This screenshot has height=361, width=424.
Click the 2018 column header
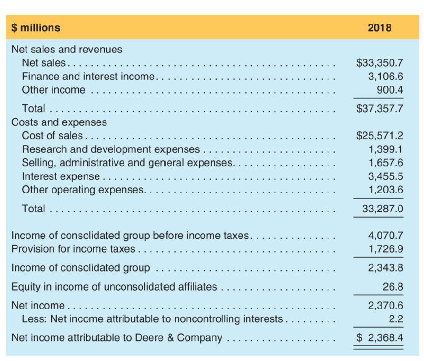tap(379, 28)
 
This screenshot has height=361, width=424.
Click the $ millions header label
tap(36, 28)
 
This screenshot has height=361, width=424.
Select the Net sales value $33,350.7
tap(380, 63)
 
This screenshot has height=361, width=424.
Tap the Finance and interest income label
tap(88, 76)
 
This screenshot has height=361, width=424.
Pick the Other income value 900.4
tap(390, 89)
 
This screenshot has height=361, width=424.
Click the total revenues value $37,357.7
tap(380, 109)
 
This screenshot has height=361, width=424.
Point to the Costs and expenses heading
tap(59, 122)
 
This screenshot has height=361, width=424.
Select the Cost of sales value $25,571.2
tap(380, 136)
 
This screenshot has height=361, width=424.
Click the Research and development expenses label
tap(111, 149)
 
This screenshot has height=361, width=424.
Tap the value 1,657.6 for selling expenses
tap(386, 163)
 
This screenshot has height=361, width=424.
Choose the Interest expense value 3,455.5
tap(386, 176)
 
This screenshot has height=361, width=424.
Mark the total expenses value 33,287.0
tap(383, 209)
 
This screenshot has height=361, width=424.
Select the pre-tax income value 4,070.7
tap(386, 235)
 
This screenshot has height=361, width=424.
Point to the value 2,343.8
tap(386, 268)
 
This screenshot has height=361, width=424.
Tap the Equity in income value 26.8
tap(393, 287)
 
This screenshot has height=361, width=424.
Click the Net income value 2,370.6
tap(386, 306)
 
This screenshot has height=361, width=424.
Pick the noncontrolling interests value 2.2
tap(397, 319)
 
